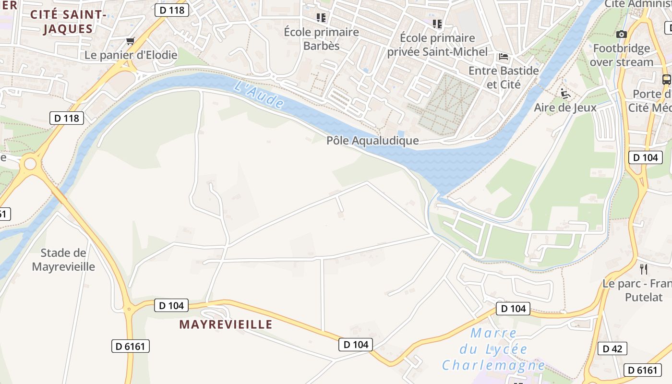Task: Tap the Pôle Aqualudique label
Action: tap(372, 141)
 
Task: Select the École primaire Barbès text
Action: tap(321, 39)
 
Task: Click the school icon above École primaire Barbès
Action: tap(321, 18)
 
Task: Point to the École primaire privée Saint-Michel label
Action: tap(437, 45)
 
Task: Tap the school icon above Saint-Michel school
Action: tap(437, 24)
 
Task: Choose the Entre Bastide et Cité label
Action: tap(504, 77)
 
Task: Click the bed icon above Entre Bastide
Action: tap(504, 57)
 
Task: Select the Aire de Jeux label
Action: tap(565, 108)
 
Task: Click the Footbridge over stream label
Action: tap(622, 55)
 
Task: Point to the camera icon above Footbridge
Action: tap(622, 34)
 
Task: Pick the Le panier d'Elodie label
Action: tap(131, 55)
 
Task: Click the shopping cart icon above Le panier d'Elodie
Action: tap(130, 41)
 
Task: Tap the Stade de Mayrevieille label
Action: tap(63, 260)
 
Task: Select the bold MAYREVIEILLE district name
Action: tap(226, 324)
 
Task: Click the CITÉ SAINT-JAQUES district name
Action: tap(68, 22)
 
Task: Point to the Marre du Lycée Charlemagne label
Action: tap(493, 349)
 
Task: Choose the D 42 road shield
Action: tap(612, 349)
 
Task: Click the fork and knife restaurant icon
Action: tap(644, 269)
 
